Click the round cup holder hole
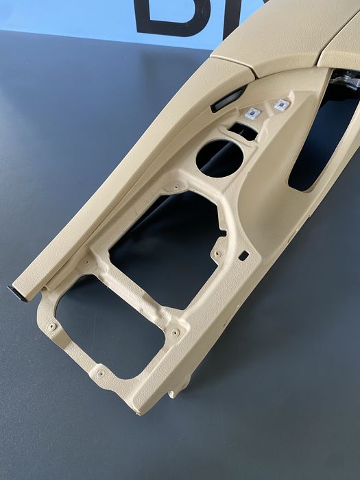point(219,158)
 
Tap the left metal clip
point(252,114)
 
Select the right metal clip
point(281,104)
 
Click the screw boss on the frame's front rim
point(101,374)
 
